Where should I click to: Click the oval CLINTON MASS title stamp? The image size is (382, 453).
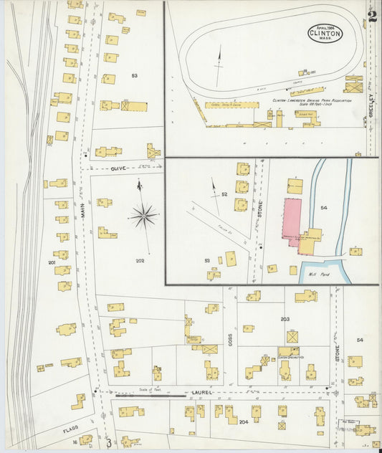pos(325,32)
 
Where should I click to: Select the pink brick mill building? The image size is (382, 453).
pos(292,223)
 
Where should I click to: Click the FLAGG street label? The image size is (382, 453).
pos(70,430)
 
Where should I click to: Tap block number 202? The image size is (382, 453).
pos(139,261)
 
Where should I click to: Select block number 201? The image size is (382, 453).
pos(52,264)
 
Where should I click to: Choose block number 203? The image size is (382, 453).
pos(285,319)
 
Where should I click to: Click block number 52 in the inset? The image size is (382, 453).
pos(224,194)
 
